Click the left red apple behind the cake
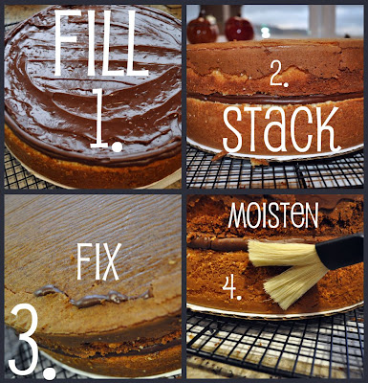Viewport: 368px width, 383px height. pos(202,29)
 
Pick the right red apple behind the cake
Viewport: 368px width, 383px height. pos(238,27)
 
